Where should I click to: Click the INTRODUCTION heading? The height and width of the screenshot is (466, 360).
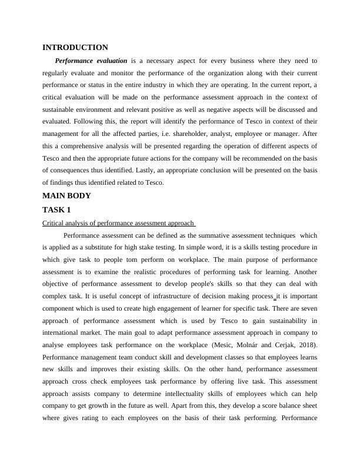(x=75, y=48)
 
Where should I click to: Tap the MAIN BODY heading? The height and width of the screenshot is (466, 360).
(x=67, y=196)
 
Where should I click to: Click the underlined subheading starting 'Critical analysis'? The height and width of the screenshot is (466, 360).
(x=118, y=224)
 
